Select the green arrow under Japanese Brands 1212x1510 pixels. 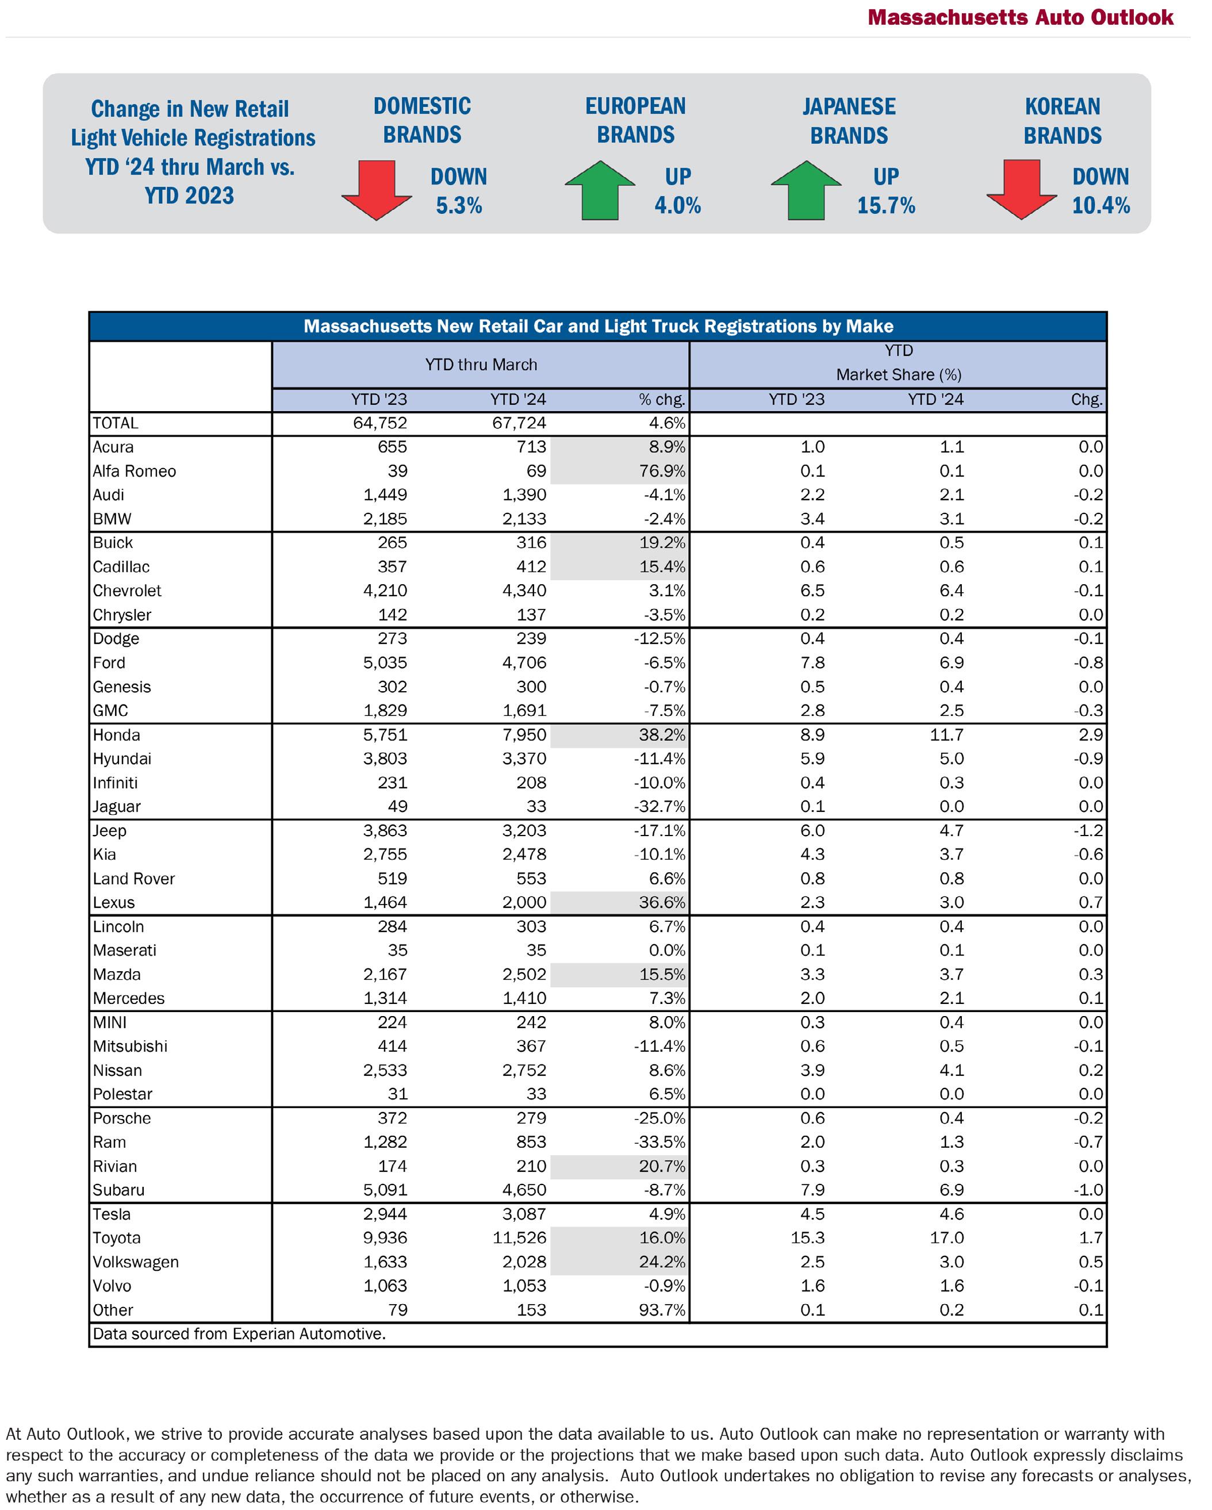pyautogui.click(x=806, y=190)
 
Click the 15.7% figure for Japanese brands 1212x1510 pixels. pyautogui.click(x=886, y=205)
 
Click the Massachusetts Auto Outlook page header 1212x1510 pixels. pyautogui.click(x=1020, y=17)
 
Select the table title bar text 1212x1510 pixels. pyautogui.click(x=598, y=327)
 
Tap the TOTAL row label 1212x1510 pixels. pyautogui.click(x=116, y=423)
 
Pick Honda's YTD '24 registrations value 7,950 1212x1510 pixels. pyautogui.click(x=524, y=735)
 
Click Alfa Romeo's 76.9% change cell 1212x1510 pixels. pyautogui.click(x=662, y=472)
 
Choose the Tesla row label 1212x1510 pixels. pyautogui.click(x=112, y=1214)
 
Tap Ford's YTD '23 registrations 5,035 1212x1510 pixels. pyautogui.click(x=385, y=662)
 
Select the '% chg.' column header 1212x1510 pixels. pyautogui.click(x=661, y=399)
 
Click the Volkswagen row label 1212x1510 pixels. pyautogui.click(x=135, y=1262)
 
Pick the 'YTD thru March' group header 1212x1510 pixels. pyautogui.click(x=481, y=365)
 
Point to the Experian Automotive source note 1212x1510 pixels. pyautogui.click(x=239, y=1333)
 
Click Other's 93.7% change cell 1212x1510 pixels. pyautogui.click(x=662, y=1310)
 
